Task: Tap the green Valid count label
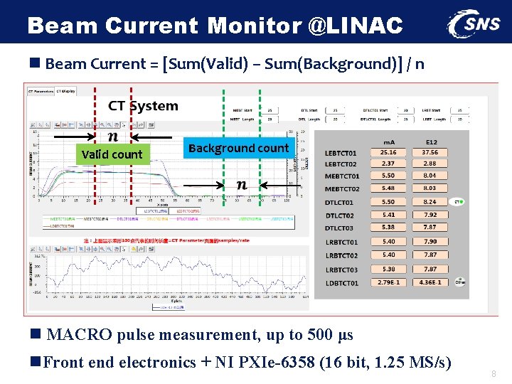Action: pyautogui.click(x=112, y=154)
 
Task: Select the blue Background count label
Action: pyautogui.click(x=238, y=148)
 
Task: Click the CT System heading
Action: pyautogui.click(x=143, y=106)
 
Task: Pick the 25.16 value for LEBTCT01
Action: pyautogui.click(x=388, y=152)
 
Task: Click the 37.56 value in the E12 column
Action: pyautogui.click(x=430, y=152)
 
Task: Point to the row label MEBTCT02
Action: pyautogui.click(x=342, y=189)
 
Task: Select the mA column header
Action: pyautogui.click(x=389, y=142)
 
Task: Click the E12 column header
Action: pyautogui.click(x=431, y=142)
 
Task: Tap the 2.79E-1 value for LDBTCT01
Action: pyautogui.click(x=388, y=283)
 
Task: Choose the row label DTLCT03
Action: pyautogui.click(x=339, y=228)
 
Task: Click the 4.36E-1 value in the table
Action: pyautogui.click(x=430, y=283)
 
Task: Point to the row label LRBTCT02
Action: pyautogui.click(x=341, y=255)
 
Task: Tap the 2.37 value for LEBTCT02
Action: pyautogui.click(x=388, y=163)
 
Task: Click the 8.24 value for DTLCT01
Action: pyautogui.click(x=430, y=202)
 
